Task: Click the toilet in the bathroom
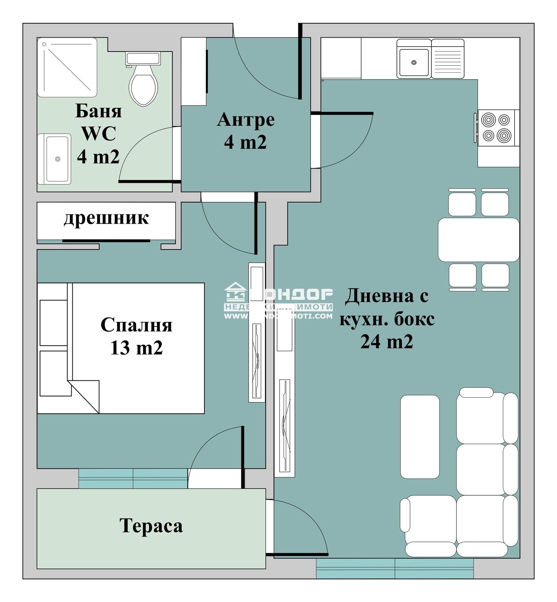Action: tap(143, 84)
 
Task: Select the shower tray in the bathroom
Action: tap(67, 68)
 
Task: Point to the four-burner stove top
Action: tap(496, 128)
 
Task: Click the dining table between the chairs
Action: tap(478, 240)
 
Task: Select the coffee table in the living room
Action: tap(419, 437)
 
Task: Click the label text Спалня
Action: tap(136, 325)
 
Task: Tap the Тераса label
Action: tap(151, 525)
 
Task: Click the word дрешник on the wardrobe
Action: tap(106, 218)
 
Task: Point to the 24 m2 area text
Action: tap(386, 342)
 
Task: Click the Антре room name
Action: tap(246, 120)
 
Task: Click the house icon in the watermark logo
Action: tap(235, 292)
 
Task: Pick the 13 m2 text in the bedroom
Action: tap(136, 348)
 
